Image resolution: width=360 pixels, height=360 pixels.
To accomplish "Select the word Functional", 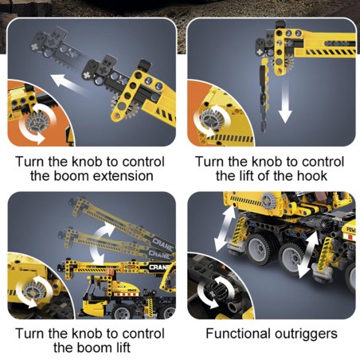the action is pos(238,334).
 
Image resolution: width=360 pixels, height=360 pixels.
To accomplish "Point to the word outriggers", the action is pos(306,335).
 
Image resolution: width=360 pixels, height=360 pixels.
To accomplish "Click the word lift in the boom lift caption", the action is pos(122,347).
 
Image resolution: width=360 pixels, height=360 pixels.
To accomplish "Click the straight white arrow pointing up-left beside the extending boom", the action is pos(68,84).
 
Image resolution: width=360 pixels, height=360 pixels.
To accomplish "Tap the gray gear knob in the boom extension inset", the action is pos(37,122).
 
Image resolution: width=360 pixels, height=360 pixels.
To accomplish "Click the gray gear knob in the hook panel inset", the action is pos(212,119).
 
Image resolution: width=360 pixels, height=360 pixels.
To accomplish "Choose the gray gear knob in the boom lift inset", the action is pos(33,290).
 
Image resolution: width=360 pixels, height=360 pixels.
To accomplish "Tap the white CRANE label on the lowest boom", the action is pos(159,267).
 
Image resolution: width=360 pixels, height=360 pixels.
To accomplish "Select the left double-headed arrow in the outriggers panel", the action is pos(225,229).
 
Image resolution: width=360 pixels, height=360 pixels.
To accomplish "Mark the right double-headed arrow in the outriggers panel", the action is pos(308,254).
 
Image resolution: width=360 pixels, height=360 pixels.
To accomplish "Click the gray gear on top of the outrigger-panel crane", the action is pos(269,200).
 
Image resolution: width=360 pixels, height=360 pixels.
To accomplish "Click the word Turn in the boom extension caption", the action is pos(30,162).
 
